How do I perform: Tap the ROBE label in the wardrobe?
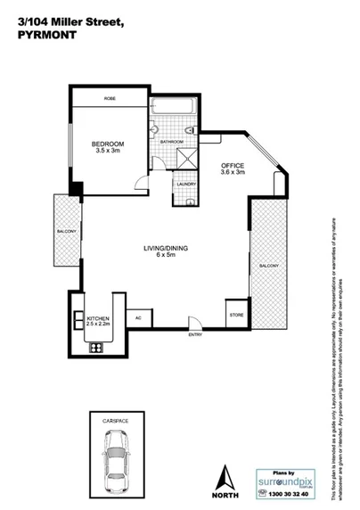[110, 98]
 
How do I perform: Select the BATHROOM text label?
[172, 142]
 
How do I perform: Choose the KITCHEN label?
[96, 317]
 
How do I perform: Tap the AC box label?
[139, 317]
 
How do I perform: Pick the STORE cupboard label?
[235, 315]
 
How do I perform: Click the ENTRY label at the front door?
[194, 334]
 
